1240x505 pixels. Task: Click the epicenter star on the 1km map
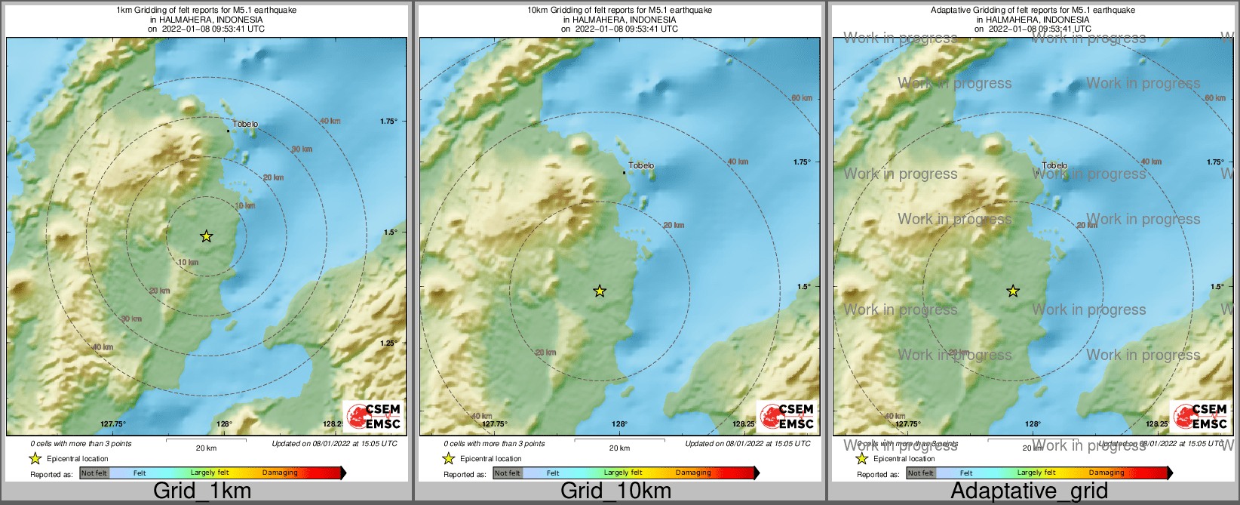click(x=207, y=236)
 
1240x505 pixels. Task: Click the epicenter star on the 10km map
click(x=600, y=291)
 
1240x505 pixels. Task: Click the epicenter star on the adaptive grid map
click(x=1013, y=291)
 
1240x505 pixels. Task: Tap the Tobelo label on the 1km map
click(x=245, y=124)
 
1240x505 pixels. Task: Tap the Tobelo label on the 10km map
click(x=641, y=165)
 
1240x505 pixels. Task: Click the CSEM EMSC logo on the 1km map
click(x=373, y=416)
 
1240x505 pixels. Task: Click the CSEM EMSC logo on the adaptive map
click(x=1200, y=416)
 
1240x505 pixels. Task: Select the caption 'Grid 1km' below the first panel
click(x=202, y=491)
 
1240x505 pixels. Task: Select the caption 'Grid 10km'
click(x=615, y=491)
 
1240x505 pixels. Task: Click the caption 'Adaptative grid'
click(x=1029, y=491)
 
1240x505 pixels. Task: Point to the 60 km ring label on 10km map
click(x=802, y=98)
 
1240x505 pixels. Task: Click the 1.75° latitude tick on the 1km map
click(x=388, y=121)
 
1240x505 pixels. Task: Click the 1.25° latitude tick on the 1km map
click(x=388, y=343)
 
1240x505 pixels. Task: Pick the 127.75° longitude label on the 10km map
click(x=495, y=424)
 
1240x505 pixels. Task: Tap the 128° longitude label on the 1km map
click(x=225, y=424)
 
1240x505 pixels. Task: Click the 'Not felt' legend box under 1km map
click(x=94, y=473)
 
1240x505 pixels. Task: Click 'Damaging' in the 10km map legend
click(x=693, y=473)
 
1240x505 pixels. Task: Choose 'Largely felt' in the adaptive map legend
click(x=1036, y=473)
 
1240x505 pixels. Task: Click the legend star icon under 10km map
click(x=448, y=458)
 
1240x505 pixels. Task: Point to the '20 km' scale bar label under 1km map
click(x=206, y=448)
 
